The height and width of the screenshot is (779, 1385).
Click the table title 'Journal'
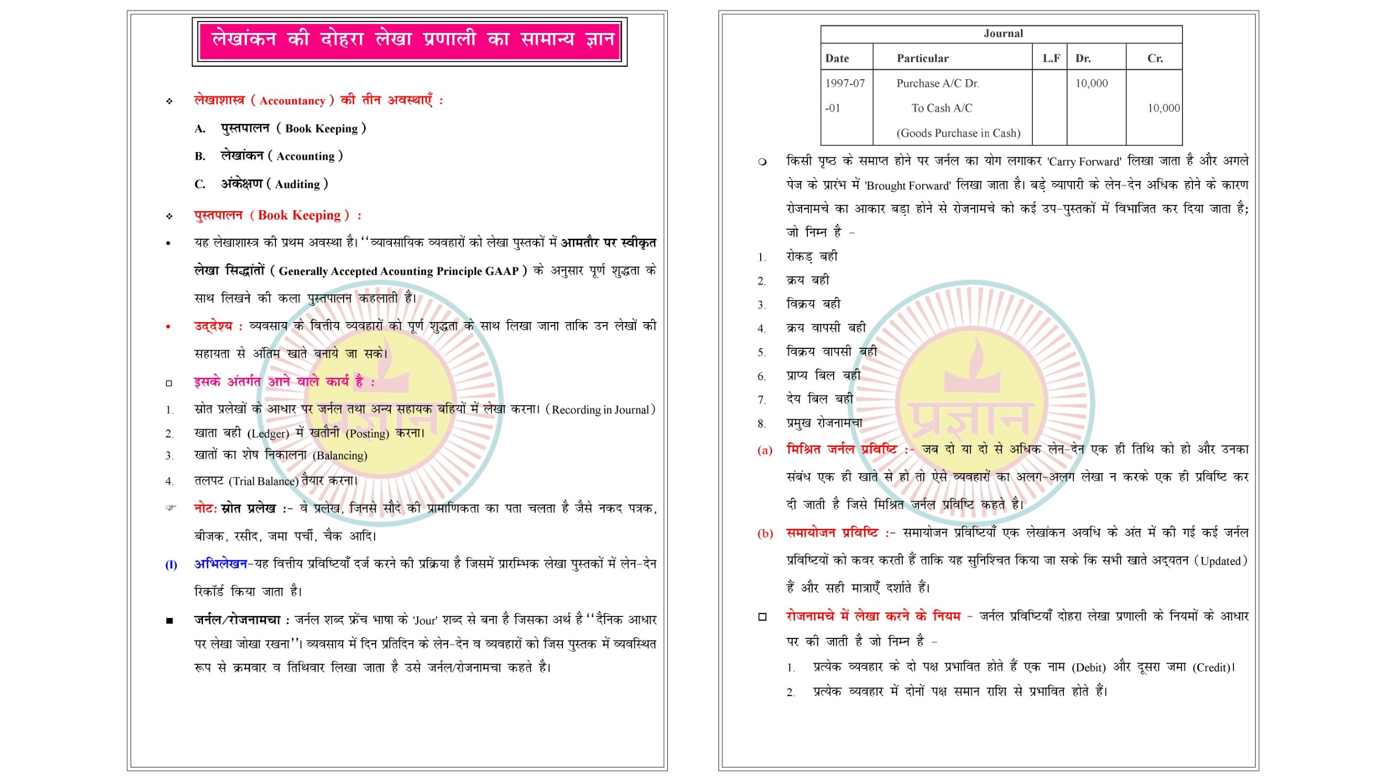(1003, 34)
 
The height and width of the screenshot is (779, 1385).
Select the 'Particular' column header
(922, 58)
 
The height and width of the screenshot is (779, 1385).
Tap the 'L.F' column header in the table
(1051, 58)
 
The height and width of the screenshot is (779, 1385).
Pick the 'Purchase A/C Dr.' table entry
(937, 83)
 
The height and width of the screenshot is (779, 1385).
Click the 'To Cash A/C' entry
(942, 108)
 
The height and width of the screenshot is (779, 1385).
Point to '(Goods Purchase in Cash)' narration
(957, 133)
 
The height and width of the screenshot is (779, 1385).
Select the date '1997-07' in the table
(845, 83)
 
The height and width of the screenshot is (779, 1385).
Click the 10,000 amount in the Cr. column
(1163, 108)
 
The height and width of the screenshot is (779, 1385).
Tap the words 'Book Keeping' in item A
(321, 129)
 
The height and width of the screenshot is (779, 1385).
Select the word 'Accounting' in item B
(305, 156)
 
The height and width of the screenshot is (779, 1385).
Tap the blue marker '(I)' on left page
(171, 564)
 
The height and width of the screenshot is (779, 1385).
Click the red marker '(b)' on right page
(764, 533)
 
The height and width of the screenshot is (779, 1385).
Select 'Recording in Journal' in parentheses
(600, 410)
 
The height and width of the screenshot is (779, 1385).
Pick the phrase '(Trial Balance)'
(263, 481)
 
